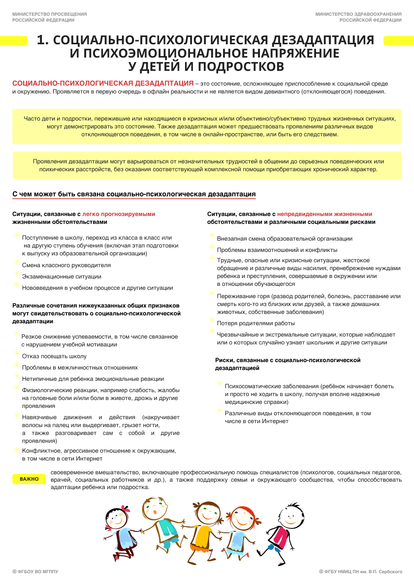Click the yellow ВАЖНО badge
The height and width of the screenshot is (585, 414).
click(x=29, y=479)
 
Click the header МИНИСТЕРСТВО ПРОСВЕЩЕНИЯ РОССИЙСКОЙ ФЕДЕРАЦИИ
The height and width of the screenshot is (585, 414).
click(x=50, y=17)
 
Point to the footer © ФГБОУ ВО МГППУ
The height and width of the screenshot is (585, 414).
click(x=35, y=572)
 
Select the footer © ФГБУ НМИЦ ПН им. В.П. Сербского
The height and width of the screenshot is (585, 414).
click(x=360, y=572)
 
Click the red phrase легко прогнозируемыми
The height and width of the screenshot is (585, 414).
click(x=119, y=214)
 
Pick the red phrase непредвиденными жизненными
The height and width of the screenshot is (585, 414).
click(x=324, y=214)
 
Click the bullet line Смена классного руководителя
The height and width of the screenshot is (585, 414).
click(x=66, y=265)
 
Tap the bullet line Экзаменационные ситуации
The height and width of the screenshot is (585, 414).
click(x=62, y=277)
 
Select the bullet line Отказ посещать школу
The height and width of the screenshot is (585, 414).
click(x=54, y=356)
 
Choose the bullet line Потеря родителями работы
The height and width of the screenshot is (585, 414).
click(x=256, y=323)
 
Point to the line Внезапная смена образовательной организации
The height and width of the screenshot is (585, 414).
click(x=285, y=239)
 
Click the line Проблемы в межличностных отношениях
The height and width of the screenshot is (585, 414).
click(x=80, y=368)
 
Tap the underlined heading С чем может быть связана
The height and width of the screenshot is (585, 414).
click(x=134, y=194)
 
